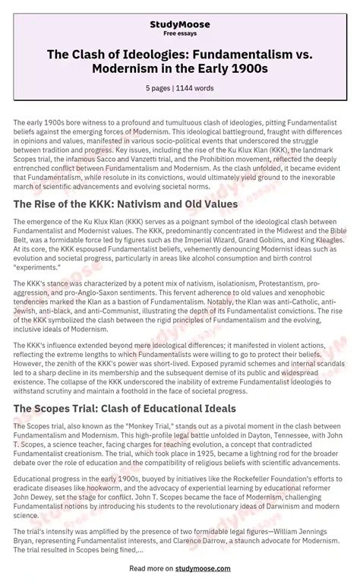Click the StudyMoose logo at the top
(x=180, y=25)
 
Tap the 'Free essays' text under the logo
(x=180, y=34)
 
